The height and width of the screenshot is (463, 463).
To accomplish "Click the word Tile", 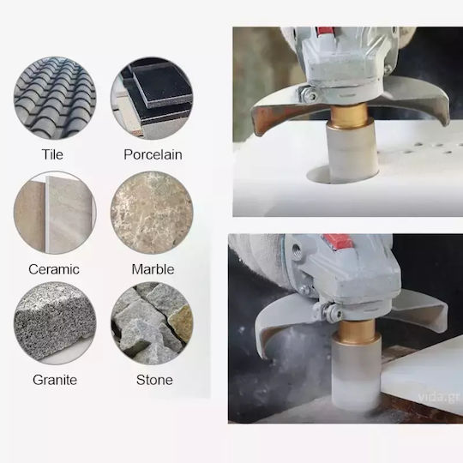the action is pyautogui.click(x=52, y=154).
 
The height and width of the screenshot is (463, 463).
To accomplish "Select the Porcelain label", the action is pyautogui.click(x=153, y=154).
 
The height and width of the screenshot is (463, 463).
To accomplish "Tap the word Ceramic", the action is pyautogui.click(x=54, y=269).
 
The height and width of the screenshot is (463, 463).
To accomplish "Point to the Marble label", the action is pyautogui.click(x=153, y=269).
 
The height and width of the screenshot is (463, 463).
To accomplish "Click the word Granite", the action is pyautogui.click(x=55, y=380).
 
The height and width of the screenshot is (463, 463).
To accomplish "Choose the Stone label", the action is pyautogui.click(x=154, y=380).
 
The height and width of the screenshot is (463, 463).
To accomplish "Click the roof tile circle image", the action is pyautogui.click(x=55, y=98).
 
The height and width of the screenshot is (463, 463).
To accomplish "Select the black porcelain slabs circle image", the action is pyautogui.click(x=152, y=98).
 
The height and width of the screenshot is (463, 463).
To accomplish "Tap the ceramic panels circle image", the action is pyautogui.click(x=55, y=213).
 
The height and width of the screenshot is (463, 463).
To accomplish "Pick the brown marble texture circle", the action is pyautogui.click(x=152, y=213).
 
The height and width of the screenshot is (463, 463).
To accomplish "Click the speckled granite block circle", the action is pyautogui.click(x=55, y=323).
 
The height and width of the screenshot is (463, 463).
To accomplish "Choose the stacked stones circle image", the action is pyautogui.click(x=152, y=323).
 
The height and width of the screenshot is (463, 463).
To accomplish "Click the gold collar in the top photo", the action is pyautogui.click(x=350, y=117).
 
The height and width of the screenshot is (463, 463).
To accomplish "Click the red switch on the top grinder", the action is pyautogui.click(x=326, y=30).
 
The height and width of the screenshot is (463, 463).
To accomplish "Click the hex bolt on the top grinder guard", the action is pyautogui.click(x=310, y=95).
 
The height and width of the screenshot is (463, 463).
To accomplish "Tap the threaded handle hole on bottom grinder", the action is pyautogui.click(x=296, y=250).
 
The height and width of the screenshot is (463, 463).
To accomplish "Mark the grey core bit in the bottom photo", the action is pyautogui.click(x=357, y=373).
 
